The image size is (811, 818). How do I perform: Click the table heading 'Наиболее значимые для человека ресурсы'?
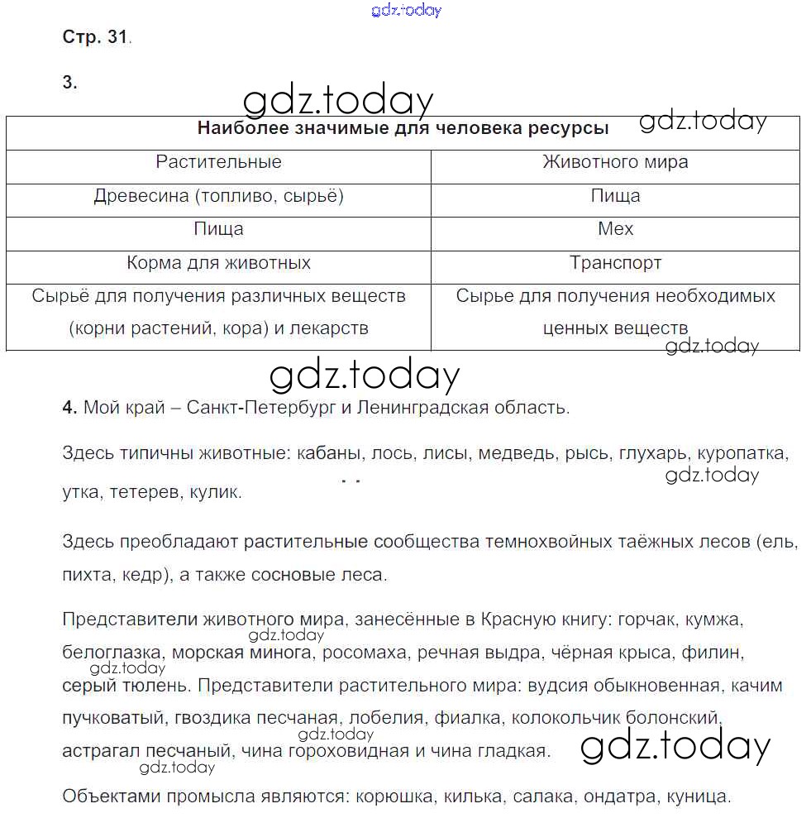point(403,129)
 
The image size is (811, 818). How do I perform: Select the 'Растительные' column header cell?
point(218,162)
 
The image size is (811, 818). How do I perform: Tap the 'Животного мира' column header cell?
point(615,162)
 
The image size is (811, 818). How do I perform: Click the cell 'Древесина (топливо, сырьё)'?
point(218,196)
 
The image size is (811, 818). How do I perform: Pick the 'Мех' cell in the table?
point(615,229)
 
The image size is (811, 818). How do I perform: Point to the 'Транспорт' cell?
point(615,263)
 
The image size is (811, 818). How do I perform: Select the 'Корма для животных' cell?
point(218,263)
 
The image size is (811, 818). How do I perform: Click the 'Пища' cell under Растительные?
point(218,229)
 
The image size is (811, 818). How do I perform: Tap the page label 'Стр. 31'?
point(95,37)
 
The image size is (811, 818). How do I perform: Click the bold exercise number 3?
point(69,82)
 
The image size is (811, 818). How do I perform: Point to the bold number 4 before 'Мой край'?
point(69,407)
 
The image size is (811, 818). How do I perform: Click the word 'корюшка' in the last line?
point(394,797)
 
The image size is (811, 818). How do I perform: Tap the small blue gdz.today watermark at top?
point(406,10)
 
